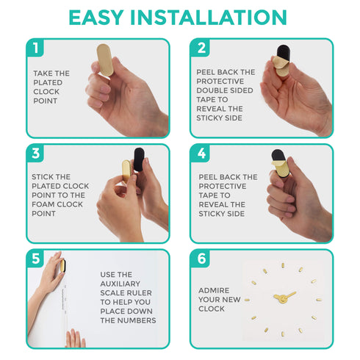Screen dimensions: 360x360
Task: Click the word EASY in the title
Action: (x=96, y=18)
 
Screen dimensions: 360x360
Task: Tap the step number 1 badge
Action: (x=35, y=48)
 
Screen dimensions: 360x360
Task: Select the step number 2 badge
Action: (x=201, y=48)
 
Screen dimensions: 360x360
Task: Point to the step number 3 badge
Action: (x=35, y=154)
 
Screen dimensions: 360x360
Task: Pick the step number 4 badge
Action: (x=201, y=154)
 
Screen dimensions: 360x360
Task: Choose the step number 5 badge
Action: (x=35, y=259)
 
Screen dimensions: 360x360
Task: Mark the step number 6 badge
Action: (x=201, y=259)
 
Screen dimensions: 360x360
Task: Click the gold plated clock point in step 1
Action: (x=105, y=60)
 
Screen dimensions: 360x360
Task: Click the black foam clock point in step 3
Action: (x=139, y=159)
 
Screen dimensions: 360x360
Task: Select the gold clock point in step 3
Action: (x=126, y=170)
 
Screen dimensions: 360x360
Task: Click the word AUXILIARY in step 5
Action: (x=120, y=284)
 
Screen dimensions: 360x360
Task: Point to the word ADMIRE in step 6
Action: (x=214, y=290)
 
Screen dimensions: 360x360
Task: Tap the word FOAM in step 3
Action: (x=43, y=204)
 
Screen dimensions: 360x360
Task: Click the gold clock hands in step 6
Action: (x=284, y=298)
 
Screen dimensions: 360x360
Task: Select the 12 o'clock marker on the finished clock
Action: (x=283, y=266)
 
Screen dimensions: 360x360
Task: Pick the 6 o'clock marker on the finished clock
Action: (x=283, y=334)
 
